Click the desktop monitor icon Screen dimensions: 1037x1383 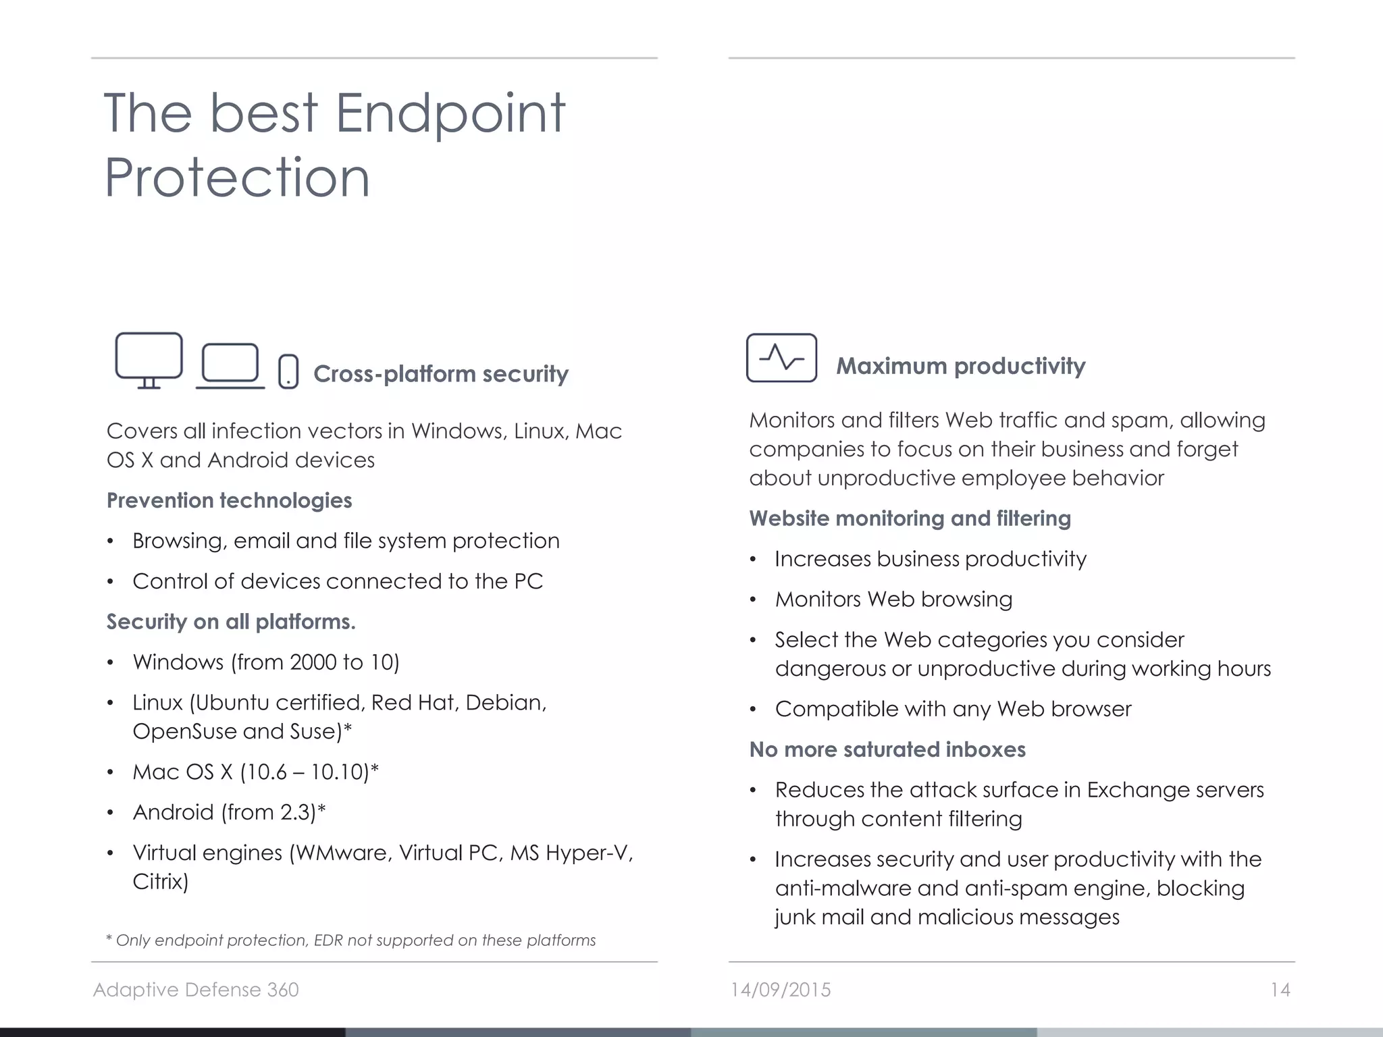[149, 360]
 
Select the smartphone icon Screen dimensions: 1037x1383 [288, 371]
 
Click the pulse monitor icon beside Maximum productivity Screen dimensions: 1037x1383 [781, 358]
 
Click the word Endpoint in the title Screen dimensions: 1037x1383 [450, 113]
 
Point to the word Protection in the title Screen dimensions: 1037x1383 [237, 178]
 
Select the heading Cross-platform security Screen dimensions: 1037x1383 [440, 374]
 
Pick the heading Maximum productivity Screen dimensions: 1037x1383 [960, 366]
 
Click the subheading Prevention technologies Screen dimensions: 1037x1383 [229, 500]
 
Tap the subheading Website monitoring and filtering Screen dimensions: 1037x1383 [910, 518]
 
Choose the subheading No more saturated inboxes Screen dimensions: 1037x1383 [887, 749]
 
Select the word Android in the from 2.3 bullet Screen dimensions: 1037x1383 [173, 812]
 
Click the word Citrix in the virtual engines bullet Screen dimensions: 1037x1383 [159, 882]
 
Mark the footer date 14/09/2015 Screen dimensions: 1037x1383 [781, 990]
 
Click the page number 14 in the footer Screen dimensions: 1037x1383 [1280, 990]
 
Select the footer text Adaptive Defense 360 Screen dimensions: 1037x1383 [196, 990]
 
